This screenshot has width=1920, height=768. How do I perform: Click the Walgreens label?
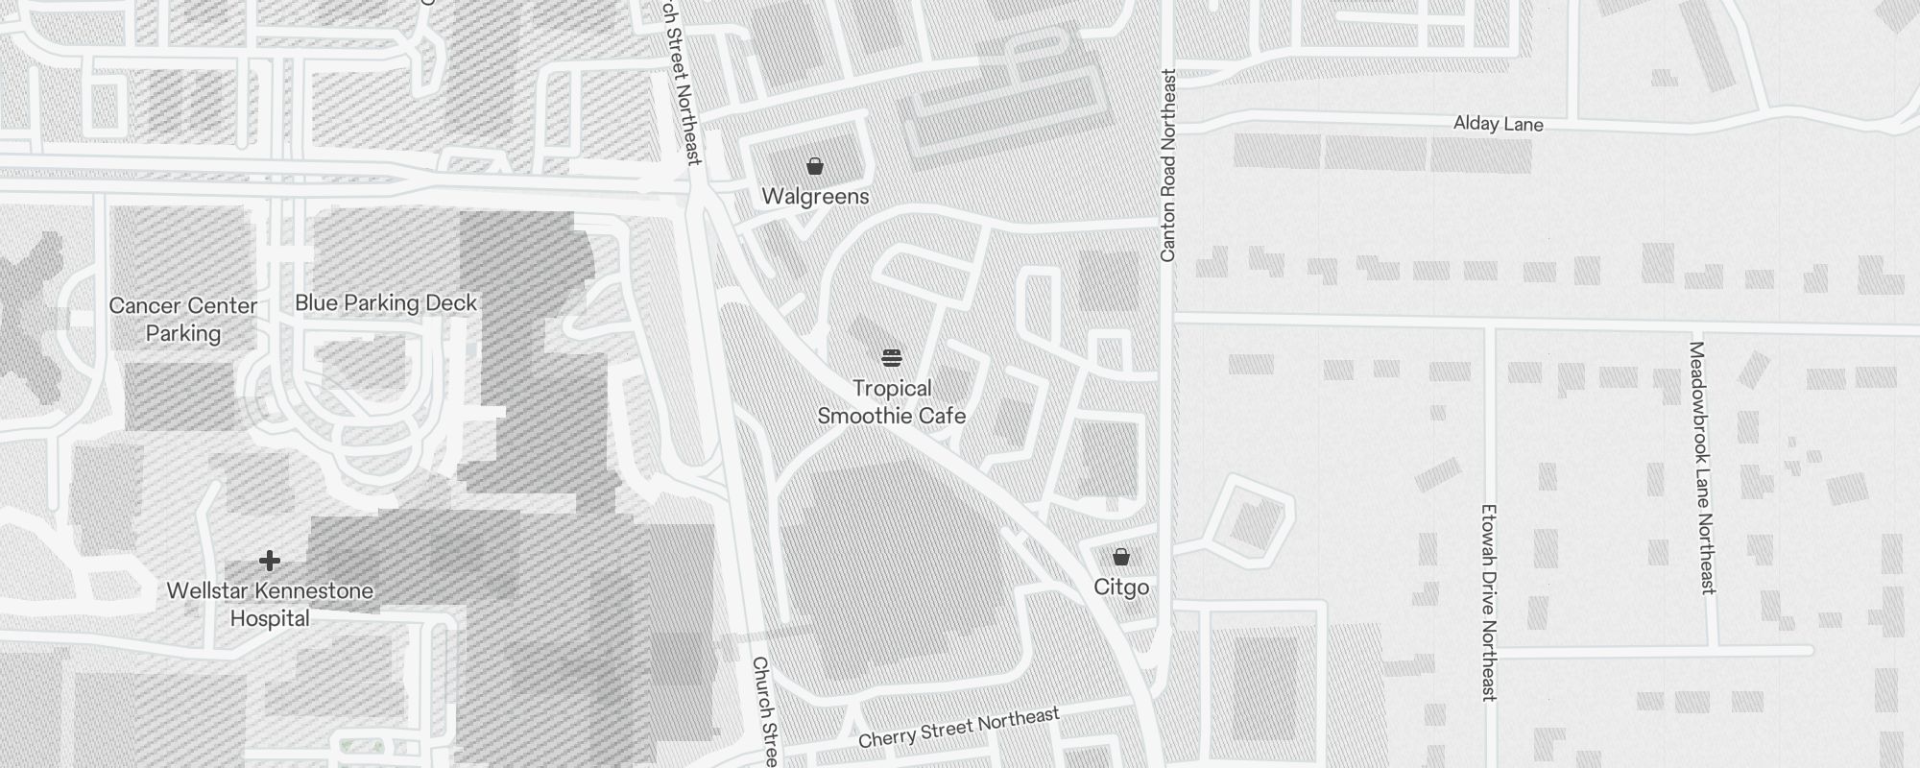point(815,197)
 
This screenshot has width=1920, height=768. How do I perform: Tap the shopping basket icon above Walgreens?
point(815,167)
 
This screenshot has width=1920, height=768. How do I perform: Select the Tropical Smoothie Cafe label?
point(891,402)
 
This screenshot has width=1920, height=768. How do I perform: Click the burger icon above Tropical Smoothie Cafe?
point(892,359)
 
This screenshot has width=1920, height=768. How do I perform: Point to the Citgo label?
point(1121,588)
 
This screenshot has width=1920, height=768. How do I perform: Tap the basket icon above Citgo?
point(1120,557)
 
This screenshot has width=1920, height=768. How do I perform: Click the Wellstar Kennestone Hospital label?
point(270,605)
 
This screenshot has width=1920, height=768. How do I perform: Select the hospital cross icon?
point(270,561)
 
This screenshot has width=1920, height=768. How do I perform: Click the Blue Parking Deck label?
point(386,303)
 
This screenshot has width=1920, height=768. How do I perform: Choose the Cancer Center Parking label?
point(182,320)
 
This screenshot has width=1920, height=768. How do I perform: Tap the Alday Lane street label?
point(1498,124)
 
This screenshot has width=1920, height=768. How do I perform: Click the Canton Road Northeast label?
point(1168,165)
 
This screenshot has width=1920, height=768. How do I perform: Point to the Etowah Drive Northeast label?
point(1489,602)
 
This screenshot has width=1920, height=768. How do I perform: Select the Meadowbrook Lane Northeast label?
point(1702,468)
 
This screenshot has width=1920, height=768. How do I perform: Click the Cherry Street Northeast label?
point(958,728)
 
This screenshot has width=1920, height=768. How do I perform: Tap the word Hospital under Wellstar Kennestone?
point(270,619)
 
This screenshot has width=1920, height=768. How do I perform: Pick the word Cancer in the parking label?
point(141,306)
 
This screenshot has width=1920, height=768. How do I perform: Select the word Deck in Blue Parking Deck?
point(451,303)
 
